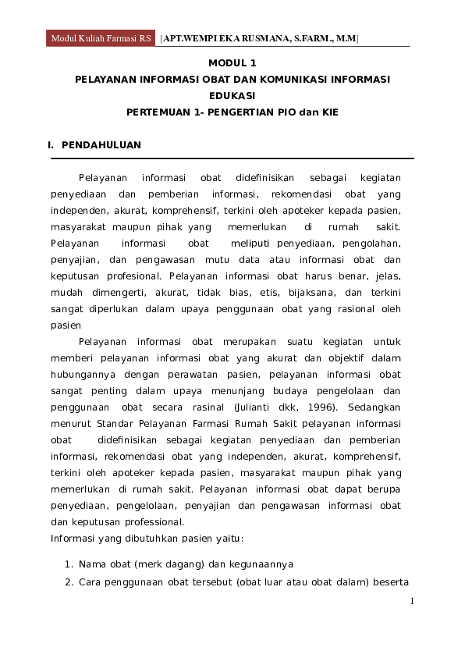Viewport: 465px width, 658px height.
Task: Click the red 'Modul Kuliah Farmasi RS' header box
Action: (x=101, y=38)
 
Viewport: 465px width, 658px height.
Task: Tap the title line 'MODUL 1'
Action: (x=232, y=62)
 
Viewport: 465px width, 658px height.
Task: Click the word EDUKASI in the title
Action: (x=232, y=95)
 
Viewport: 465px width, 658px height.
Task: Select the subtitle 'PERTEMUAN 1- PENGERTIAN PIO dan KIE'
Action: (x=232, y=112)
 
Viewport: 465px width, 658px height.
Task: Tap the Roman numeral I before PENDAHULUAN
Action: (x=51, y=145)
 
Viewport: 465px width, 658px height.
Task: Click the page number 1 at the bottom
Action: (x=412, y=602)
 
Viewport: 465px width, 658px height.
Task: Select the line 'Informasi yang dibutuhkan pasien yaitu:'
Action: (x=147, y=539)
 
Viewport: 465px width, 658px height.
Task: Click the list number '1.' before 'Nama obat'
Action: (x=69, y=564)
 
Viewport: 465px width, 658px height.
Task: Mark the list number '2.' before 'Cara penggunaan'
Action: (x=69, y=582)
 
